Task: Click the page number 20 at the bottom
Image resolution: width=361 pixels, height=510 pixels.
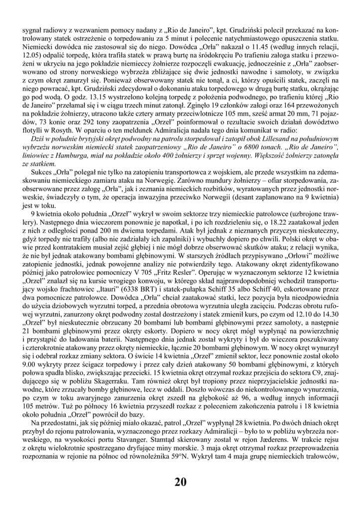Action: (x=180, y=481)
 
